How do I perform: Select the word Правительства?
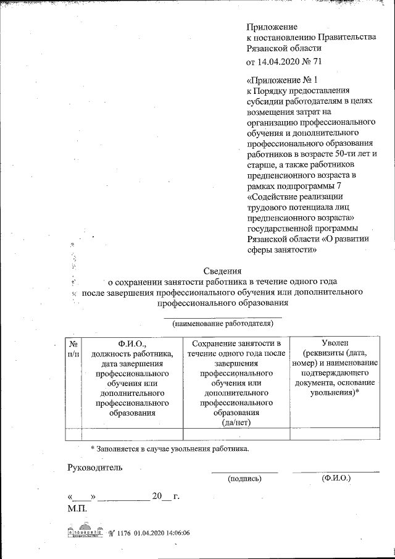pyautogui.click(x=344, y=38)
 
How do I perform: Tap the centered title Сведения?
pyautogui.click(x=223, y=270)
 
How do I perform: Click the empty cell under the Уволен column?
pyautogui.click(x=335, y=433)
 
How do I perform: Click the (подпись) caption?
pyautogui.click(x=245, y=479)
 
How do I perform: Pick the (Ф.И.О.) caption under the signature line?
pyautogui.click(x=336, y=479)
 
